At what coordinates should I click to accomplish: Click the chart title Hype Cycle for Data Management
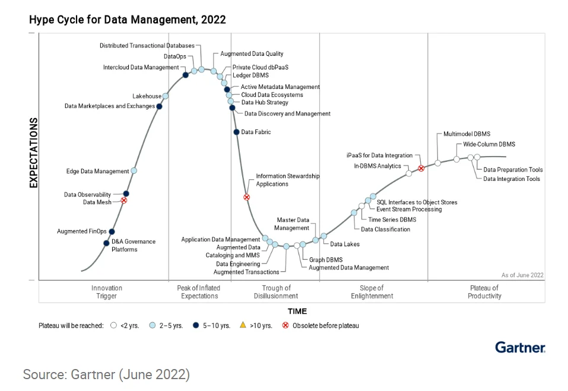click(127, 20)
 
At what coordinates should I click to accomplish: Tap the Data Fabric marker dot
click(236, 132)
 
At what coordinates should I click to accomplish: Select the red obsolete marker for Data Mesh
click(124, 201)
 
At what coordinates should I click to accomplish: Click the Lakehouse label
click(147, 96)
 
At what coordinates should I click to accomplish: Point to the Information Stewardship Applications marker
click(247, 197)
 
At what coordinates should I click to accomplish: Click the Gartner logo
click(520, 347)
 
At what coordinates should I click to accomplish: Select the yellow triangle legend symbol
click(242, 325)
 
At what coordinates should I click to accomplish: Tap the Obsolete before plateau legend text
click(325, 326)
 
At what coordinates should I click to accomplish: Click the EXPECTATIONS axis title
click(34, 152)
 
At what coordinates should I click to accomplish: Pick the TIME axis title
click(297, 311)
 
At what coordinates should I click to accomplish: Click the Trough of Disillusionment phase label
click(276, 292)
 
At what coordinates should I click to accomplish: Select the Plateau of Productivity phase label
click(484, 292)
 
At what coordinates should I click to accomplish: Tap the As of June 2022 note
click(522, 275)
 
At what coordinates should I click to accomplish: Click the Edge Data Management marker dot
click(134, 171)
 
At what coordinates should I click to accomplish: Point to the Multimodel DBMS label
click(467, 134)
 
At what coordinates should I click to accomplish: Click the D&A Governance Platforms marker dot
click(107, 243)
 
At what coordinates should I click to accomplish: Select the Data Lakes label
click(344, 244)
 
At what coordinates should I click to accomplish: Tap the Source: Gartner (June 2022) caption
click(106, 374)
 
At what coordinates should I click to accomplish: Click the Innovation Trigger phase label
click(107, 292)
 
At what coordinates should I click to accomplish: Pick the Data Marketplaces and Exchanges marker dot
click(160, 107)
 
